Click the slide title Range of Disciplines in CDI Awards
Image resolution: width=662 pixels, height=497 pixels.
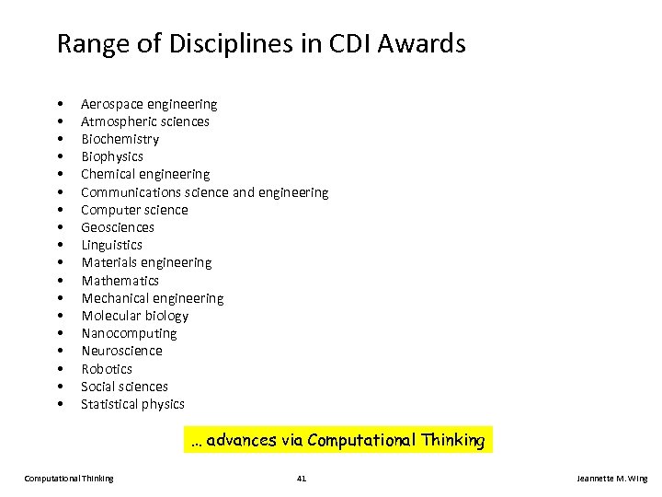[261, 43]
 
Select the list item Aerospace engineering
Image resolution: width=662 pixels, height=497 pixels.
[149, 104]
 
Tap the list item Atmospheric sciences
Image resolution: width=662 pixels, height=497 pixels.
[145, 121]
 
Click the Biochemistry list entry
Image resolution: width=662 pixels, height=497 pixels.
[120, 139]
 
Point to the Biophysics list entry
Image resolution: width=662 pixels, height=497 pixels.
[112, 156]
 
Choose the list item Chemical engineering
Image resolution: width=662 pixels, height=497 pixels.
[145, 174]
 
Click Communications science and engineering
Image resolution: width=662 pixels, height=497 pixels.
[204, 192]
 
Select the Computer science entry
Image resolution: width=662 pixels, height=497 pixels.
[134, 210]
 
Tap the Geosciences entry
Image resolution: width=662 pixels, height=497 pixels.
[118, 227]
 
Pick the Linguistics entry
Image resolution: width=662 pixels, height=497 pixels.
[111, 245]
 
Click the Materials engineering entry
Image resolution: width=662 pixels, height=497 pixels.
[146, 262]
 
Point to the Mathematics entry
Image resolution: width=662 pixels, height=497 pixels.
[120, 281]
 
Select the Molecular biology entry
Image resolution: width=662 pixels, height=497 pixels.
[134, 316]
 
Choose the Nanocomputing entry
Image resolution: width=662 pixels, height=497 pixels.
[129, 333]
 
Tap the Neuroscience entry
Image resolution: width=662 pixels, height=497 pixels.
[121, 351]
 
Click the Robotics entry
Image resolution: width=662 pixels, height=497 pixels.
[107, 369]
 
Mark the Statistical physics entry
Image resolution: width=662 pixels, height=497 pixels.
[132, 404]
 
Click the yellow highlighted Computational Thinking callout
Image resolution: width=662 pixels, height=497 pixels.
[337, 440]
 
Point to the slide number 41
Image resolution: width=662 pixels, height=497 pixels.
[302, 479]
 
